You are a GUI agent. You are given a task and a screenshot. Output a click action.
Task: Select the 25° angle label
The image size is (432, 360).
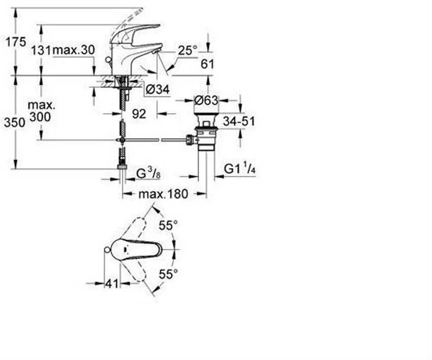pos(187,50)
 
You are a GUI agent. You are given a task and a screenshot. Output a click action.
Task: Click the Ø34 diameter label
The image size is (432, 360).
pos(157,90)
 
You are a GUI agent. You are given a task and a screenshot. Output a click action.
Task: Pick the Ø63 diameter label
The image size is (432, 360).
pos(206,100)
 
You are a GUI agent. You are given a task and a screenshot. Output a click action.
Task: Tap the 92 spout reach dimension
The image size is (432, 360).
pos(139,114)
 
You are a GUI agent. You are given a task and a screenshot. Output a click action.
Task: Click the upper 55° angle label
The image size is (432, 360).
pos(168,225)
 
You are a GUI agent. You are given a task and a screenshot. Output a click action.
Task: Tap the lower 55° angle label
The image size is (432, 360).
pos(168,274)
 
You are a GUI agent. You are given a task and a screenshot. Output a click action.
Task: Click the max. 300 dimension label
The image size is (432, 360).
pos(41,111)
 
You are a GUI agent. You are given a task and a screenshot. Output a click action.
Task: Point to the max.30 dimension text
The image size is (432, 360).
pos(74,50)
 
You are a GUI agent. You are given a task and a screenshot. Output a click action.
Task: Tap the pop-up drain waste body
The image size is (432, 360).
pos(205,133)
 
